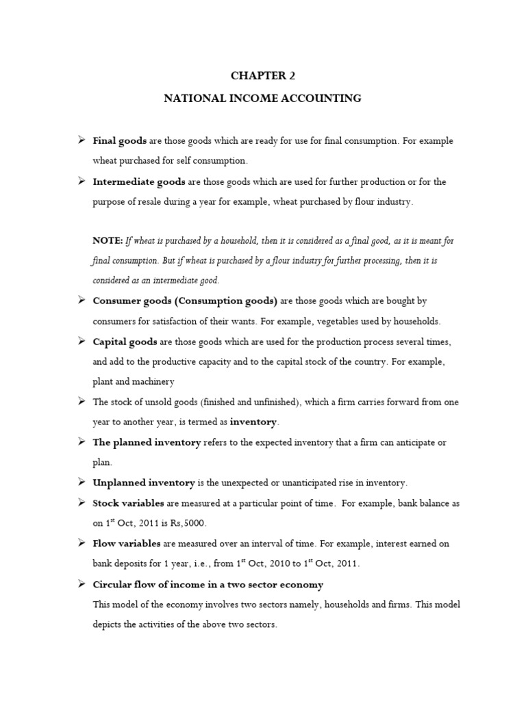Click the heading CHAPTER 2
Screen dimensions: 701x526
(x=262, y=75)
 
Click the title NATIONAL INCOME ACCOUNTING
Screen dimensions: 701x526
(x=262, y=99)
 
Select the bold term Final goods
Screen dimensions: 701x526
(x=119, y=140)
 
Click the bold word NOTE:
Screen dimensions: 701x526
(x=108, y=240)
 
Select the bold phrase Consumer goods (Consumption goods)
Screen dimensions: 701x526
(x=185, y=301)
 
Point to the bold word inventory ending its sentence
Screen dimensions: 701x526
(x=254, y=422)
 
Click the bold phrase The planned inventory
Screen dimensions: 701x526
(x=147, y=442)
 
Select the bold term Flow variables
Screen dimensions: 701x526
(x=127, y=544)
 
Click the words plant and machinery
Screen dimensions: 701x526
(x=133, y=381)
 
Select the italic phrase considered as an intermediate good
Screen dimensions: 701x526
(x=156, y=281)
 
